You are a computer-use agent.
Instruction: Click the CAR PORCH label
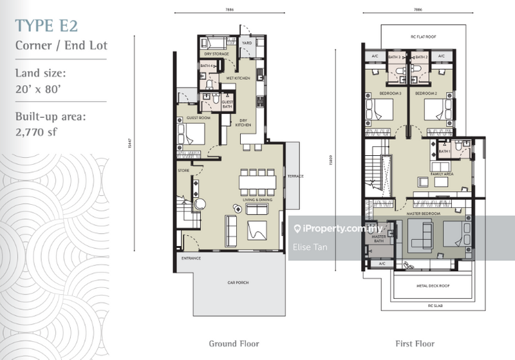[238, 283]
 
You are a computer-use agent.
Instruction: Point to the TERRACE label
[295, 176]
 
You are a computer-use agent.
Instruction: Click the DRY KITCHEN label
[243, 122]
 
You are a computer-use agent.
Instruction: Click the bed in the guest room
[191, 133]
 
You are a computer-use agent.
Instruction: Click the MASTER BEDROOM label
[423, 213]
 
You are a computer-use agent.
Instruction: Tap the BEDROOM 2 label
[426, 94]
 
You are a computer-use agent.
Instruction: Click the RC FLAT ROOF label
[423, 37]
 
